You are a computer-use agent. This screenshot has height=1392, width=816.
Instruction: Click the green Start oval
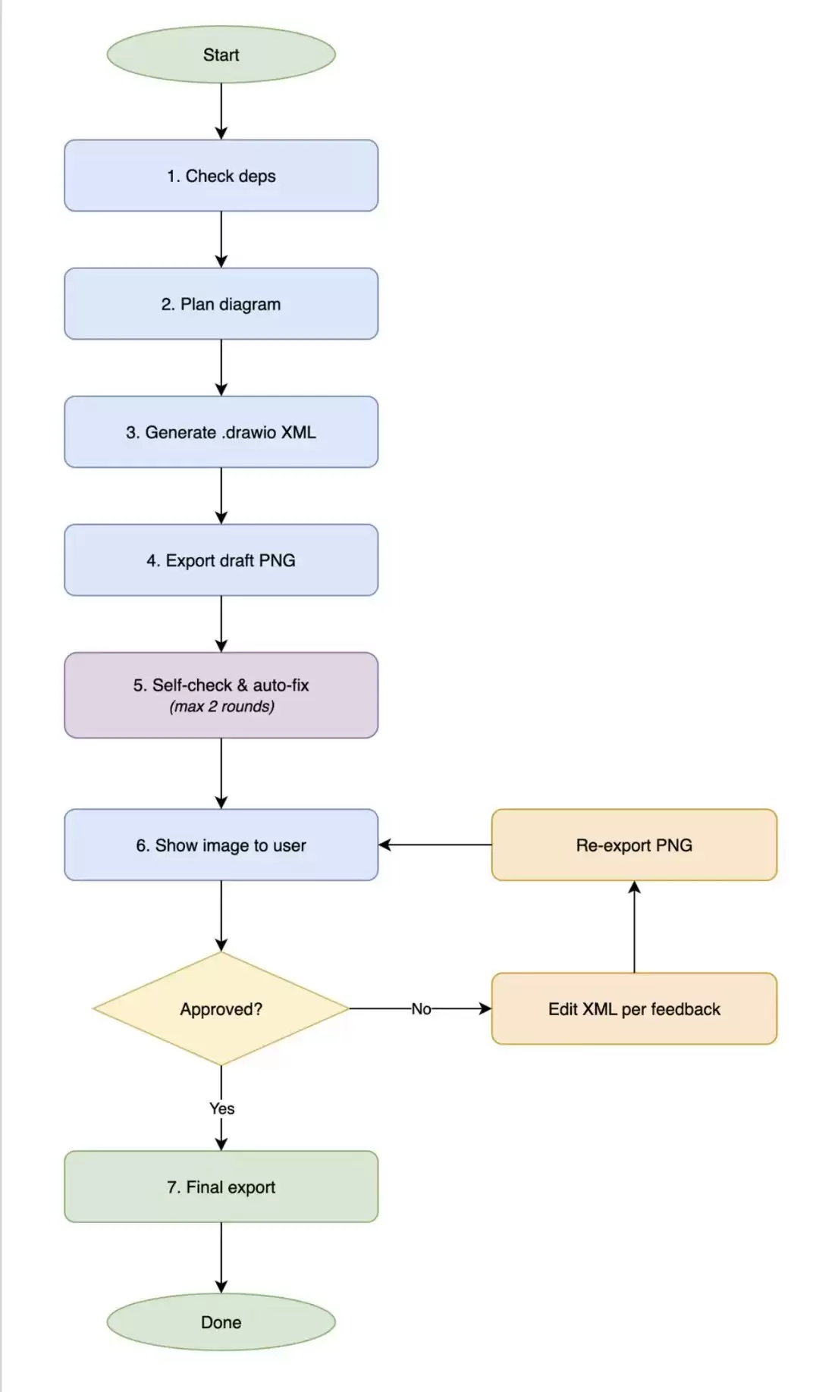point(221,55)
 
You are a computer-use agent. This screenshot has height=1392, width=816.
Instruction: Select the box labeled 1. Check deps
point(221,175)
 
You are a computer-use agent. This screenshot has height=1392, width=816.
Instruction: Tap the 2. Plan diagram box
point(221,303)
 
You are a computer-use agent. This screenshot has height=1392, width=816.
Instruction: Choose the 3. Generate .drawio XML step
point(221,431)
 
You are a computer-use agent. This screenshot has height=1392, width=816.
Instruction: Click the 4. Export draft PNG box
point(221,560)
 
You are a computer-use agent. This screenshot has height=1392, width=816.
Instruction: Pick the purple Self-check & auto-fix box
point(221,694)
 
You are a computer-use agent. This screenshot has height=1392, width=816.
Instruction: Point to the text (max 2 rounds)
point(221,707)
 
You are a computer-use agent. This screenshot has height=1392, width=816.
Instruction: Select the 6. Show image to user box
point(221,845)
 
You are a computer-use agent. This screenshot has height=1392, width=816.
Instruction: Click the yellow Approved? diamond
point(221,1008)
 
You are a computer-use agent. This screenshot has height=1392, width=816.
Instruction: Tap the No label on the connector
point(421,1008)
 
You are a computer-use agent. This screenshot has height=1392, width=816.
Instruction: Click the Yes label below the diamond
point(221,1108)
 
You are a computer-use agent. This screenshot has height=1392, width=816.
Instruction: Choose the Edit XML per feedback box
point(634,1008)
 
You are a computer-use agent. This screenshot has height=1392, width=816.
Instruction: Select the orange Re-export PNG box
point(634,845)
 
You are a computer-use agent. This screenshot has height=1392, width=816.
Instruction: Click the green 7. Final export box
point(221,1187)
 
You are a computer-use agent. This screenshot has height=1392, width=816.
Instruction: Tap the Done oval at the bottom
point(221,1321)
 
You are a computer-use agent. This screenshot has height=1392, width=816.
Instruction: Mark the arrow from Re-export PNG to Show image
point(435,845)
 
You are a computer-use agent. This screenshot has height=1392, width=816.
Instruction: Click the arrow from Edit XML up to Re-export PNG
point(634,926)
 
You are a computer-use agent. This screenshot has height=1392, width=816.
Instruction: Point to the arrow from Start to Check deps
point(221,111)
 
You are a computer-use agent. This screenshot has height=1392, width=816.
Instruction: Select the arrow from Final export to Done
point(221,1258)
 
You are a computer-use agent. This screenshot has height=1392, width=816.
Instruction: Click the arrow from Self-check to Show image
point(221,773)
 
